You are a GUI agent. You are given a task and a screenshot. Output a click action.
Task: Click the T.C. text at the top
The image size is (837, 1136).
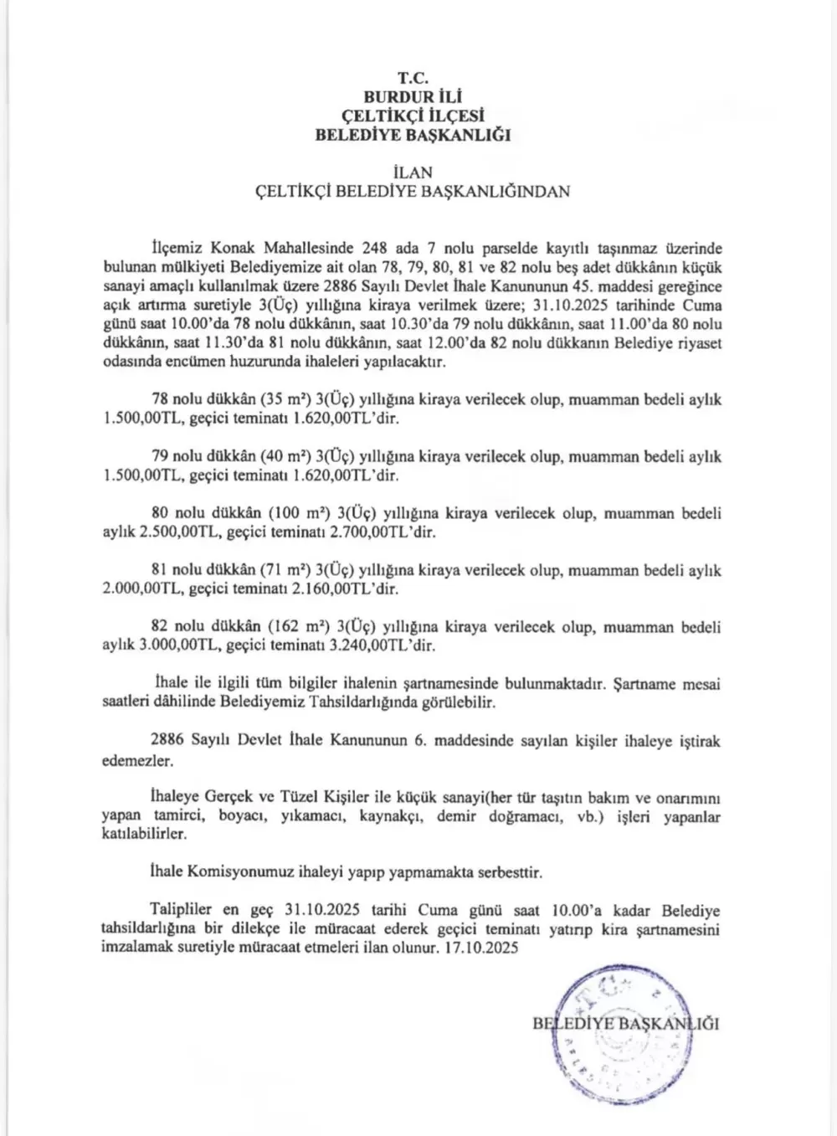pos(413,78)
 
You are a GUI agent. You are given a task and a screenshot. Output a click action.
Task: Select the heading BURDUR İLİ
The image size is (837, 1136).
pos(413,97)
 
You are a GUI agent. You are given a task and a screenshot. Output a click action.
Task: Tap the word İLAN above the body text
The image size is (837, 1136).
pos(413,172)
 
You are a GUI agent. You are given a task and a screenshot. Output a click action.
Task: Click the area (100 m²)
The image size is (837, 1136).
pos(292,514)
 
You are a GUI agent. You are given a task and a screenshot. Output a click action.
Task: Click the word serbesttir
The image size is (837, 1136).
pos(507,872)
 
